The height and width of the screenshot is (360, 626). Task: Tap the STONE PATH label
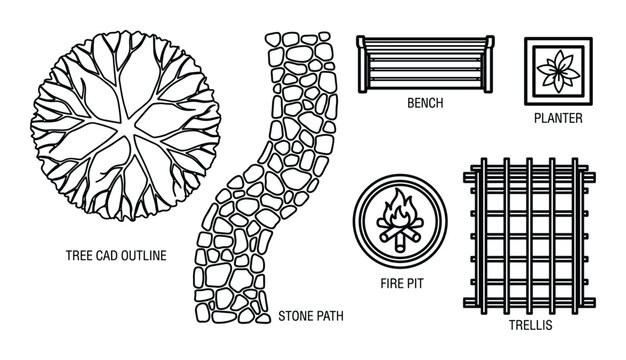tap(311, 315)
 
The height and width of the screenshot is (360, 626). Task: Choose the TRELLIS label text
tap(521, 326)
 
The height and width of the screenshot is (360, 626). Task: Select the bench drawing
tap(425, 62)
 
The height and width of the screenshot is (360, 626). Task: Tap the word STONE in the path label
tap(295, 315)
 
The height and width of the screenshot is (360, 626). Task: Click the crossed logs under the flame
tap(402, 236)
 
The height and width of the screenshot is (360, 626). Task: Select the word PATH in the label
tap(328, 315)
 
